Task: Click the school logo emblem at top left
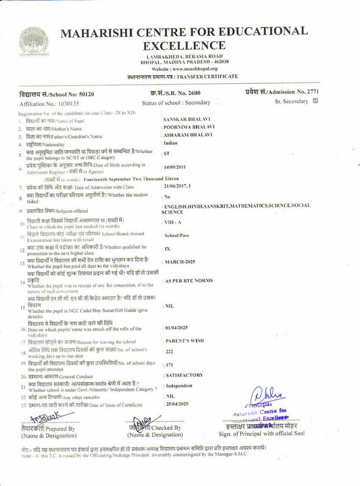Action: coord(33,42)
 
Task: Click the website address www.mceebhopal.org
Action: coord(195,69)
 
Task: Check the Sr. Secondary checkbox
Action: coord(315,101)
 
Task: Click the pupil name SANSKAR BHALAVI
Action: coord(186,119)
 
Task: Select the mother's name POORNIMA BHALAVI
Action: coord(189,127)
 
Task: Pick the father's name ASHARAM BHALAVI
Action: coord(188,135)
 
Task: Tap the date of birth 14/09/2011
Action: coord(175,167)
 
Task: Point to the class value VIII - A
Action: coord(173,222)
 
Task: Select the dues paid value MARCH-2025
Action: coord(180,262)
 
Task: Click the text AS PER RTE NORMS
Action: coord(189,280)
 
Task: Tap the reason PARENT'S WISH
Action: coord(185,341)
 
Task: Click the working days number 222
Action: coord(169,352)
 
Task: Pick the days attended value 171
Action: coord(169,365)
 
